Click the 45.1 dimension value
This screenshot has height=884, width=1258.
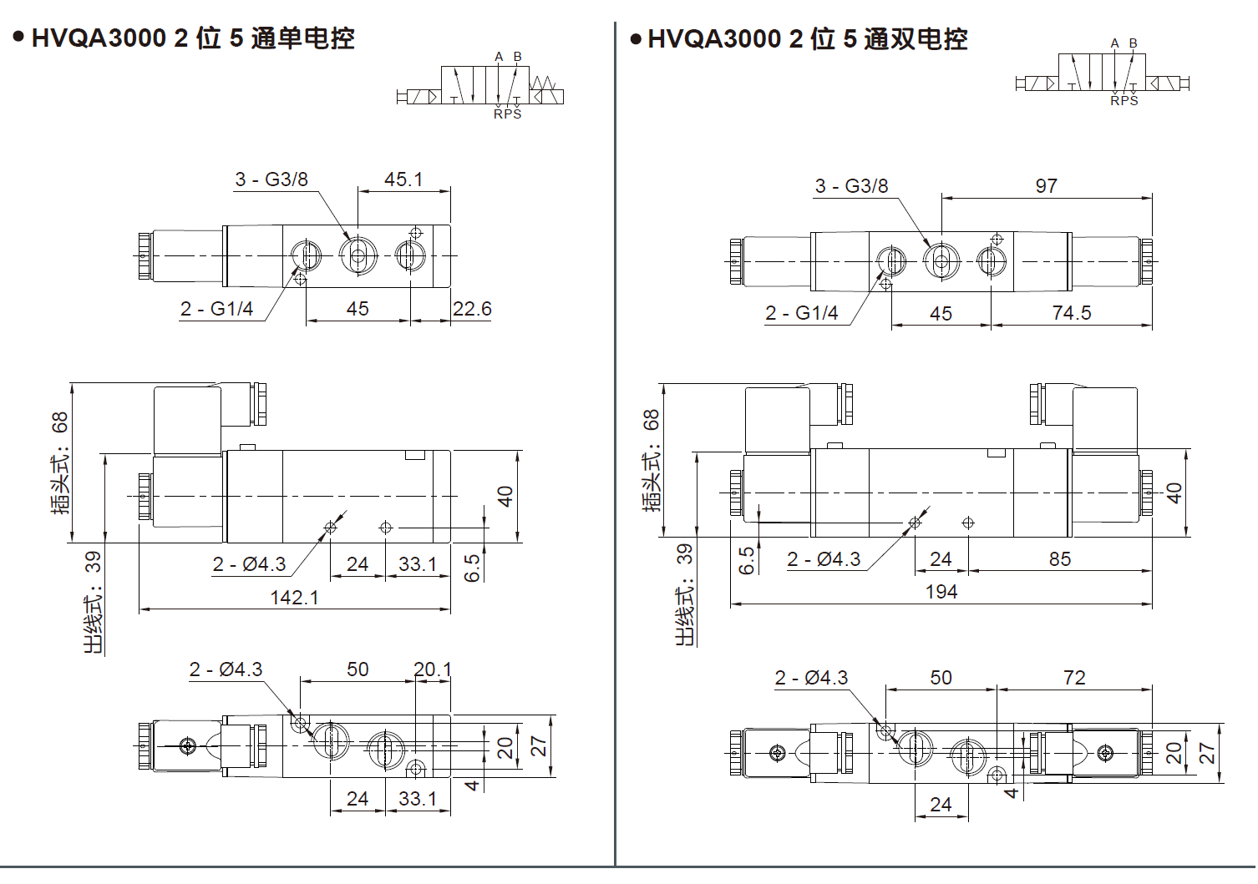coord(403,179)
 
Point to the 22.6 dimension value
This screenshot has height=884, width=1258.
coord(472,309)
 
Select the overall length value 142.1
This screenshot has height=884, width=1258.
coord(294,598)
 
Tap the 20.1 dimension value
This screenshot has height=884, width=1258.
coord(433,669)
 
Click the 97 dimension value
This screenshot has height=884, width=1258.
coord(1046,186)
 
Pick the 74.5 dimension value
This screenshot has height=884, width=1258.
coord(1072,313)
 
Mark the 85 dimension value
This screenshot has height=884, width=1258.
coord(1060,559)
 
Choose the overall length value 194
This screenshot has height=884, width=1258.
coord(941,592)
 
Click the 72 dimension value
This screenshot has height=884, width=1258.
coord(1074,678)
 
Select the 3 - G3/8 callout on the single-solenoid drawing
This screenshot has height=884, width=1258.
coord(271,179)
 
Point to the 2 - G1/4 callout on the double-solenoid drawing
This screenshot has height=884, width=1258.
coord(801,313)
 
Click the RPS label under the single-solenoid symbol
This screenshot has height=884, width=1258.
coord(507,114)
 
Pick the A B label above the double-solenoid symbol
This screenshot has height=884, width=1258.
coord(1124,43)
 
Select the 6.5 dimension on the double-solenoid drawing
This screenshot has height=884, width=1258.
coord(747,559)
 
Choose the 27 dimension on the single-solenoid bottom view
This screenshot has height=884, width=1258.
coord(539,745)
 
